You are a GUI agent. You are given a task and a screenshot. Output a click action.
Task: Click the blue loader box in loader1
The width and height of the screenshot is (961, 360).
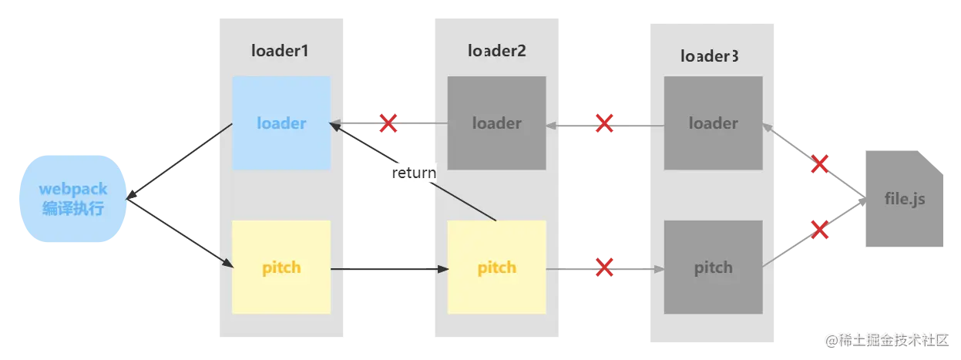click(281, 123)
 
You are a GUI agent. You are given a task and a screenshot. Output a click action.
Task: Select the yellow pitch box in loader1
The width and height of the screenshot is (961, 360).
click(281, 267)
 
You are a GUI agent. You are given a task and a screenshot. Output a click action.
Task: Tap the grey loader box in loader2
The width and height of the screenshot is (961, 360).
click(496, 123)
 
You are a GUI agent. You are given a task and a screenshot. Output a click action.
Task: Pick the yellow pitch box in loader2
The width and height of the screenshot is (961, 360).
click(496, 267)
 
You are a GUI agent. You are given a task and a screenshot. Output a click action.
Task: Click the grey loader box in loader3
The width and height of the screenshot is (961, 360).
click(713, 123)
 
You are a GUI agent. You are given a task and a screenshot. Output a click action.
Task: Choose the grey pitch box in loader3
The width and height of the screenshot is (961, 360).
click(713, 267)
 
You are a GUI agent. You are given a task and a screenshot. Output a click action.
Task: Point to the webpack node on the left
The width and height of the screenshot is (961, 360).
click(73, 199)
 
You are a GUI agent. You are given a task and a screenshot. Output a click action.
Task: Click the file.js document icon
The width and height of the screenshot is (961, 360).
click(904, 200)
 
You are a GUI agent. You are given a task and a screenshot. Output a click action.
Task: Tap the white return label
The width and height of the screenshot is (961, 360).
click(414, 173)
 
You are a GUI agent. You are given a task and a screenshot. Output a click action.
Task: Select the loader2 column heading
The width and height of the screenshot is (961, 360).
click(496, 51)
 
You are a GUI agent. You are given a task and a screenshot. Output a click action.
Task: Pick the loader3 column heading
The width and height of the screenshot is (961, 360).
click(711, 56)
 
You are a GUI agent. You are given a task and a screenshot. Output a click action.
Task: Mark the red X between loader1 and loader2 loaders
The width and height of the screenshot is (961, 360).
click(388, 123)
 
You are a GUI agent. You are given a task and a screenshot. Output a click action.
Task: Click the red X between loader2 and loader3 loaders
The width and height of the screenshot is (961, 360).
click(604, 123)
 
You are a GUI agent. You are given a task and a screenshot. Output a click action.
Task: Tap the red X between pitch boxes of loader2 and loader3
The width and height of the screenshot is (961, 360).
click(605, 267)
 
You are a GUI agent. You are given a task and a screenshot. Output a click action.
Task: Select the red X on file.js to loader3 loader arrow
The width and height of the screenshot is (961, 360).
click(820, 163)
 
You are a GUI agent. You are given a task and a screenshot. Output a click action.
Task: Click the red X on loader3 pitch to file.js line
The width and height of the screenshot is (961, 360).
click(820, 229)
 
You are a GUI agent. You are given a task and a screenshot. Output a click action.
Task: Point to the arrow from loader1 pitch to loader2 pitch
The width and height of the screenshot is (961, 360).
click(389, 269)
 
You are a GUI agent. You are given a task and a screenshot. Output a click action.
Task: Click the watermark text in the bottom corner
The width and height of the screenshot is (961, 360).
click(889, 339)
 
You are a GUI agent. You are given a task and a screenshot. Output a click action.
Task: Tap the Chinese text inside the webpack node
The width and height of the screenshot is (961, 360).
click(73, 208)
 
